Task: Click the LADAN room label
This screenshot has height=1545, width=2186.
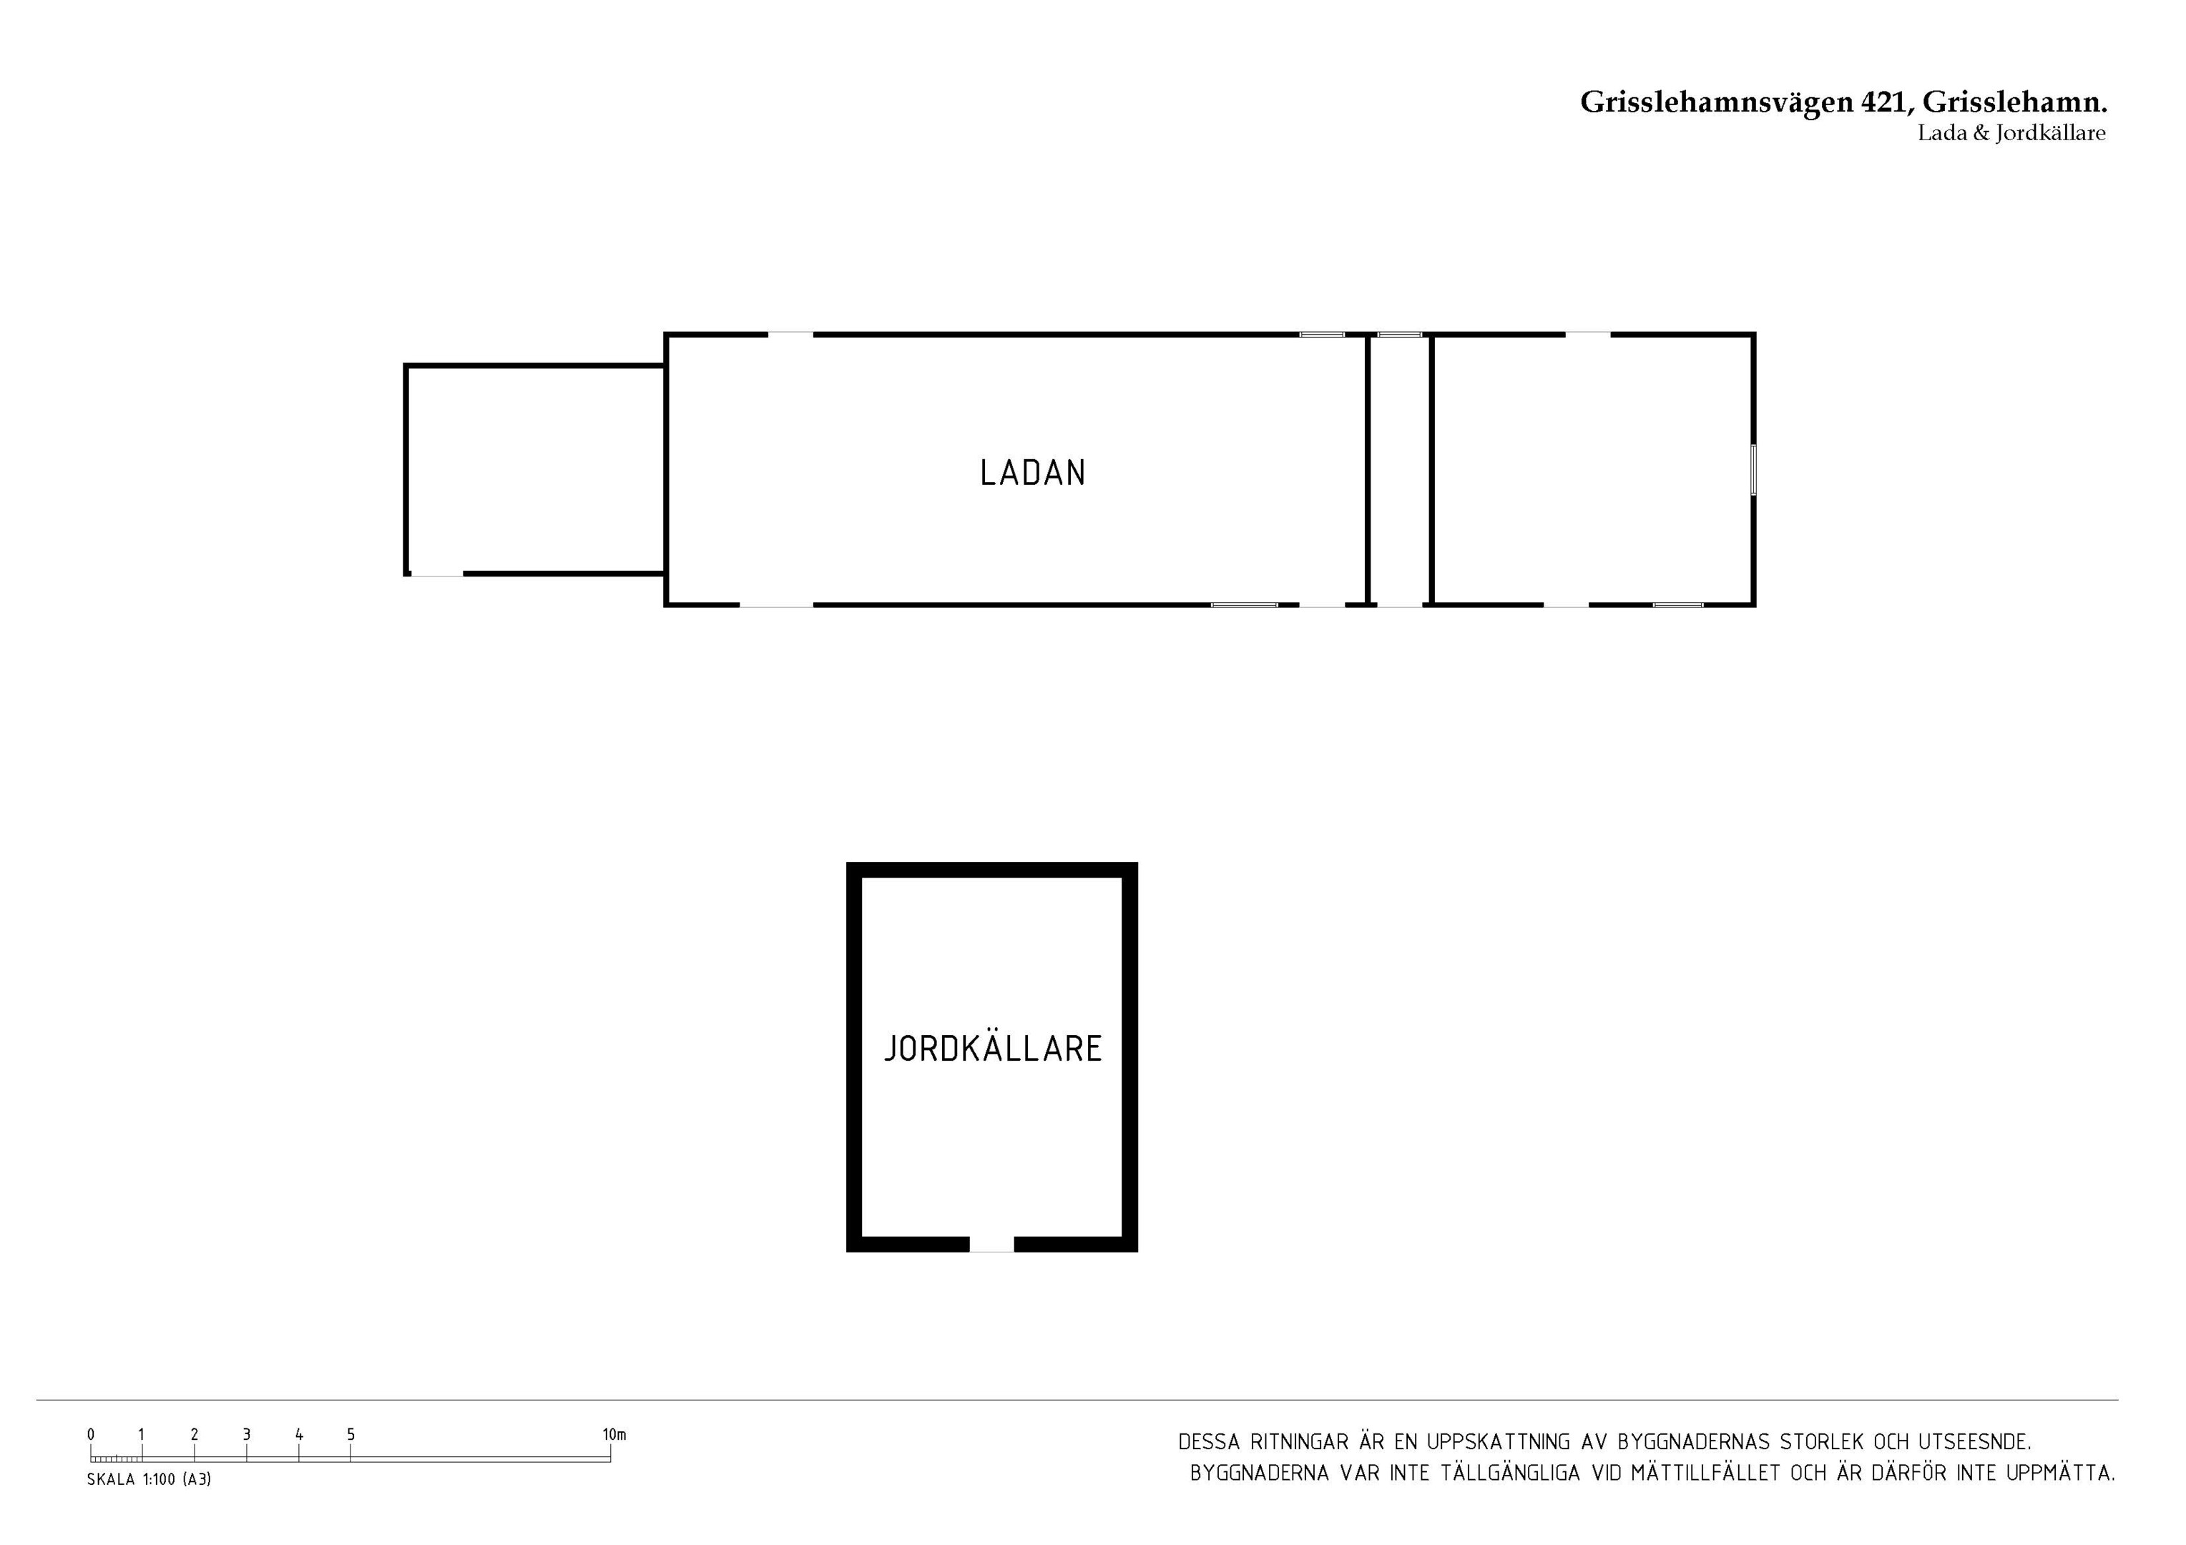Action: click(x=1033, y=473)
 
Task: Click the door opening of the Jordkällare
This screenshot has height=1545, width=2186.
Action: click(x=991, y=1244)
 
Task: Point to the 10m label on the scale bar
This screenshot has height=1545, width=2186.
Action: click(x=614, y=1435)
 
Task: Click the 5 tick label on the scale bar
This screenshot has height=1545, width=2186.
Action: click(x=351, y=1435)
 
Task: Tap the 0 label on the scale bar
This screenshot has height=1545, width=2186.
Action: click(x=92, y=1435)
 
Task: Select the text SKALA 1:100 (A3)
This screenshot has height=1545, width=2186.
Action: click(x=149, y=1481)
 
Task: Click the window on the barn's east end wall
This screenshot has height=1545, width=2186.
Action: click(x=1754, y=469)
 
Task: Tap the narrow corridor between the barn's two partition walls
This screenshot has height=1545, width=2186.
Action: click(x=1400, y=469)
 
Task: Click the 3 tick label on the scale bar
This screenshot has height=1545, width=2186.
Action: click(x=247, y=1435)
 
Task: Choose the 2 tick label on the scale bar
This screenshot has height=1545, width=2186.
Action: click(x=195, y=1435)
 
